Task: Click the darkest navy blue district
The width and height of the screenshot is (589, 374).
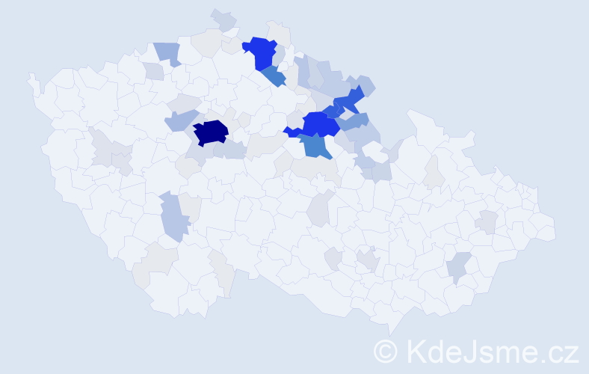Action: coord(211,132)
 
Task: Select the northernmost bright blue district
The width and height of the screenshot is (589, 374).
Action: coord(260,52)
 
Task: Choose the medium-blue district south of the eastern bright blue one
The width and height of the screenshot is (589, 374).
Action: coord(318,146)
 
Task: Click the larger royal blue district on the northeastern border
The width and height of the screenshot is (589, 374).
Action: coord(349,98)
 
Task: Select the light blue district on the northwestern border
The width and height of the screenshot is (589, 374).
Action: coord(167,53)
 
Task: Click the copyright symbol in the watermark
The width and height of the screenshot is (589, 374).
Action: coord(386,351)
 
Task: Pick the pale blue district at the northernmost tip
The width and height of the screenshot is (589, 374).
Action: coord(223,19)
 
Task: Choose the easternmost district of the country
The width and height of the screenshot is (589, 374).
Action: coord(545,229)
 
